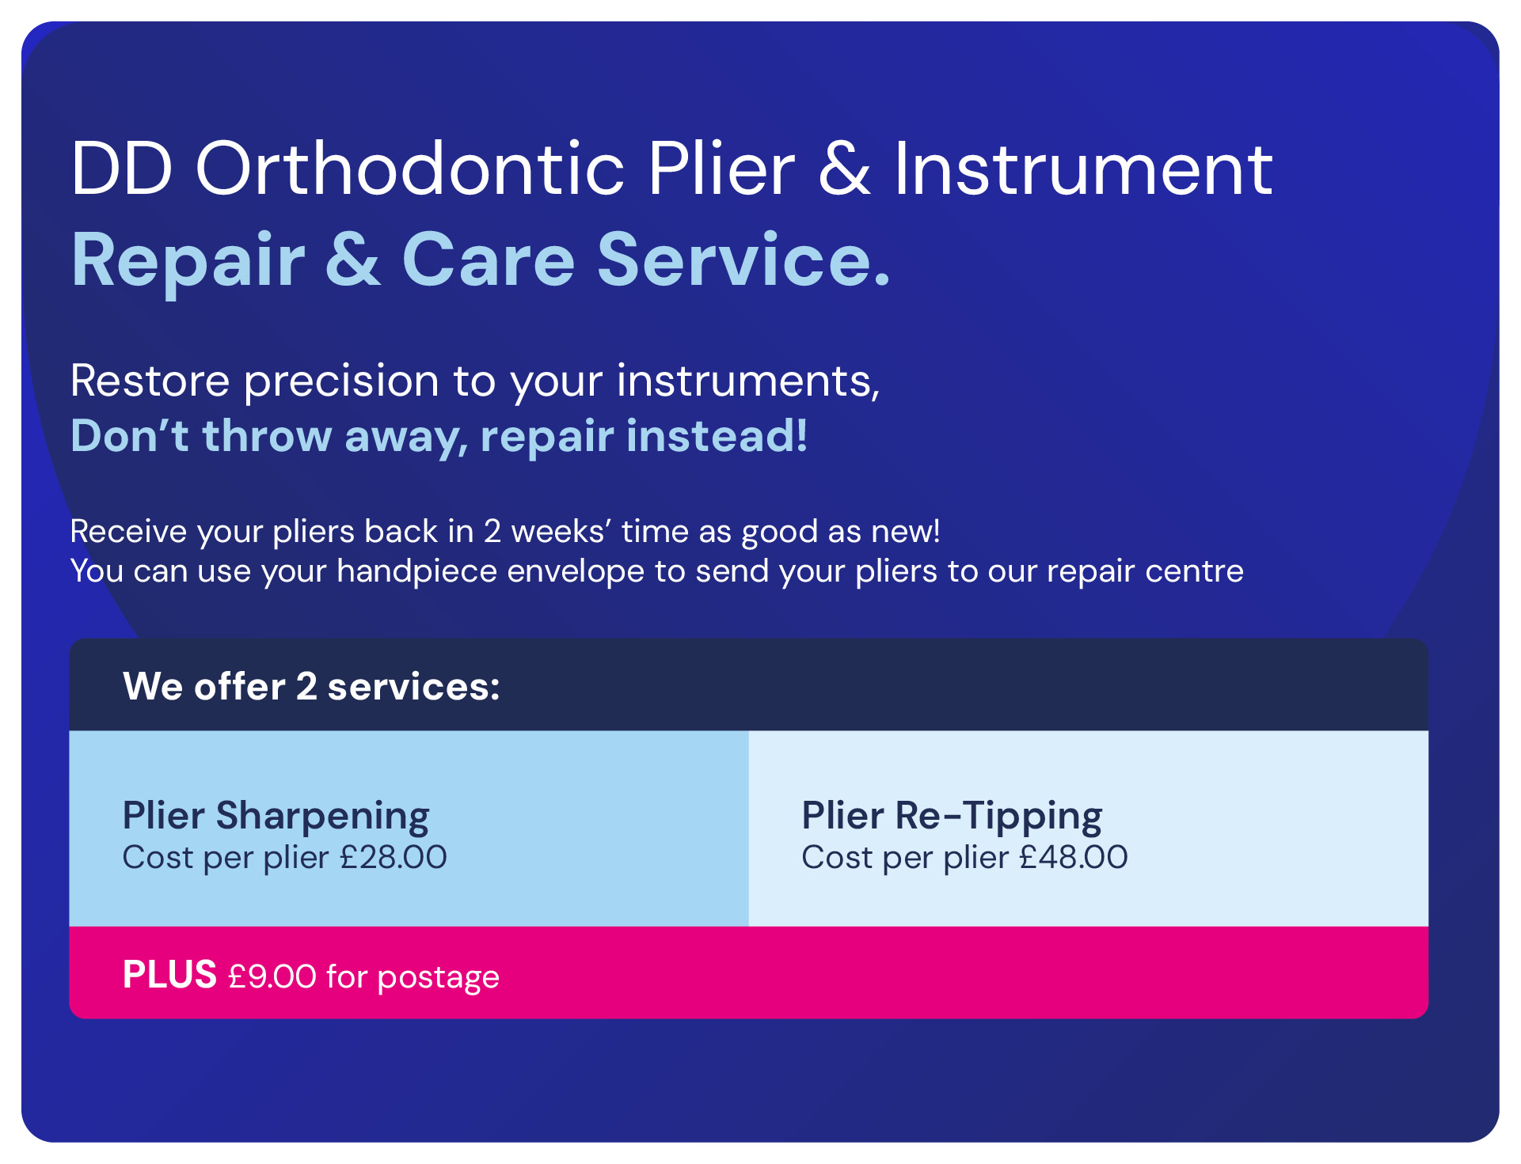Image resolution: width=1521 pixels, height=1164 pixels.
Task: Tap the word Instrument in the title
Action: coord(1084,169)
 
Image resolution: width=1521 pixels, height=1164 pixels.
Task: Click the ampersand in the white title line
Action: coord(845,169)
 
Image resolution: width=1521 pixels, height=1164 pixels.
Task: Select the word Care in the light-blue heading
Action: coord(489,260)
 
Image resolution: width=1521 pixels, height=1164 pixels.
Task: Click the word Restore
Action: coord(150,381)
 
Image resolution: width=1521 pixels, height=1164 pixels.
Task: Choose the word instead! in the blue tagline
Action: coord(717,435)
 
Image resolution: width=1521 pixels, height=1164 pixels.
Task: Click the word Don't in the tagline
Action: coord(130,435)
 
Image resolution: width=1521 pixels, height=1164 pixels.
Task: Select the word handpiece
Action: coord(417,571)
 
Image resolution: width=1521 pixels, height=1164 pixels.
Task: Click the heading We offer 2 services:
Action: coord(311,686)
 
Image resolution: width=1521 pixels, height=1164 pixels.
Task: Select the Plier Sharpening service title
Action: coord(276,816)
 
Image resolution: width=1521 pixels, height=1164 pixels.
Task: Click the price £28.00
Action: coord(394,857)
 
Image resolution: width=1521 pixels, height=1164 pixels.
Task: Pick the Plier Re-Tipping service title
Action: coord(952,816)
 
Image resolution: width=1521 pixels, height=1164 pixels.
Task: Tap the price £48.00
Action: coord(1074,857)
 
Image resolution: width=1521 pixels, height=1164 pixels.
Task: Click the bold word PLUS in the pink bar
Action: coord(169,974)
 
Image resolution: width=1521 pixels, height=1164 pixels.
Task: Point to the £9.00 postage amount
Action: coord(272,976)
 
